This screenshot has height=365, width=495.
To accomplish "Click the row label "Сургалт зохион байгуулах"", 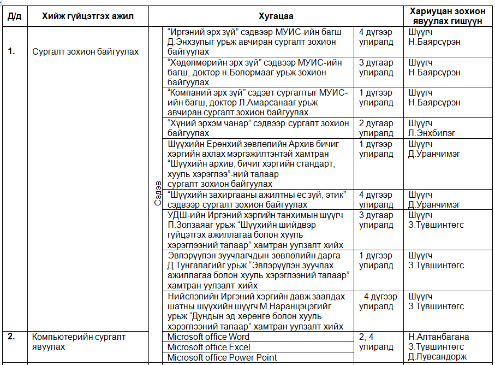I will coord(85,52).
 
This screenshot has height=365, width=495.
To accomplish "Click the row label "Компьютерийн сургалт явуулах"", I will coord(79,342).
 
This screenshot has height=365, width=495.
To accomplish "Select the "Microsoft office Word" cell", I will coord(208,337).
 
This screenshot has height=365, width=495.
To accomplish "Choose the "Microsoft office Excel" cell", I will coord(209,347).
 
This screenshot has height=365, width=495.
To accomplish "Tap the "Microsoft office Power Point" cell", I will coord(222,357).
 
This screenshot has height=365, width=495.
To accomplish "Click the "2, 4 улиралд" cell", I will coord(376,342).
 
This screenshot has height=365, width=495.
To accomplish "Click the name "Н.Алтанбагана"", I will coord(439,337).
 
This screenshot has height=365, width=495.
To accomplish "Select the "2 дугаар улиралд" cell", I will coord(376,128).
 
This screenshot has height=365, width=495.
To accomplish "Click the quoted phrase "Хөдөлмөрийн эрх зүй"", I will coord(211,62).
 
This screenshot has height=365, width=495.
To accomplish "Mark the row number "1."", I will coord(11,52).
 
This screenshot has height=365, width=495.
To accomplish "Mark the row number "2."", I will coord(11,337).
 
